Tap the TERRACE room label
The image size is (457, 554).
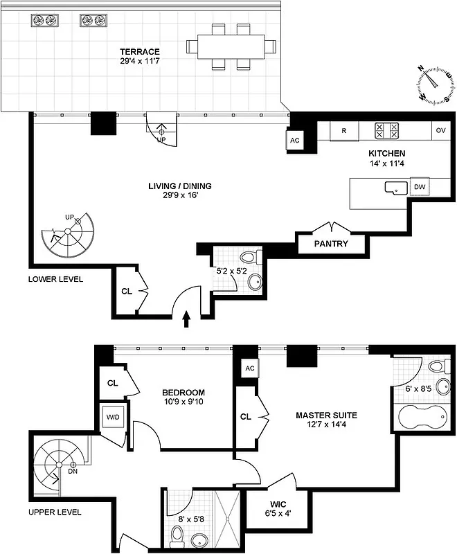(x=139, y=52)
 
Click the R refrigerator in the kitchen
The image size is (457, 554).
(x=343, y=130)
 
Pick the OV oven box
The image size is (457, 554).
(x=440, y=130)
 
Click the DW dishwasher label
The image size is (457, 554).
(x=418, y=187)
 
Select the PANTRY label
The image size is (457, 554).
(x=330, y=244)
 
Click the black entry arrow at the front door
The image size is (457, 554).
(x=186, y=319)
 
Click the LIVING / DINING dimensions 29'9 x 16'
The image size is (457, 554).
(x=179, y=196)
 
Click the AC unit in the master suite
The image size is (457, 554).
(x=250, y=369)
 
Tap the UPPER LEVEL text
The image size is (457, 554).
(x=55, y=512)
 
